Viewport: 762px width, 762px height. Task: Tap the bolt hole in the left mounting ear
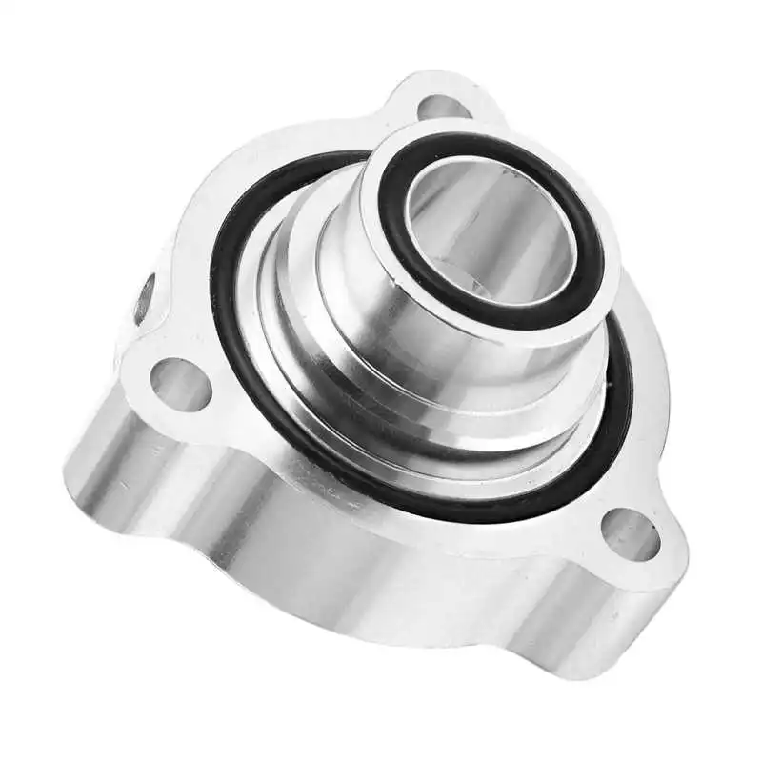(x=179, y=384)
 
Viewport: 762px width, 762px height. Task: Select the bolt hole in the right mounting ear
(x=631, y=534)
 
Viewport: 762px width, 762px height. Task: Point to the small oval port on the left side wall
(x=144, y=298)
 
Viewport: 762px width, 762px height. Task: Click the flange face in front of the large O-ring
(x=400, y=495)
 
